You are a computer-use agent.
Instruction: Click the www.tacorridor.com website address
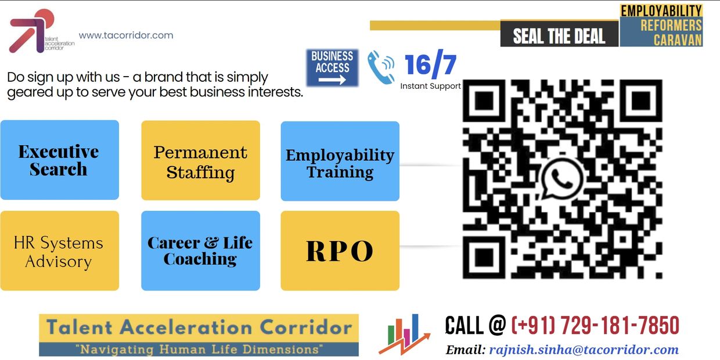(x=125, y=35)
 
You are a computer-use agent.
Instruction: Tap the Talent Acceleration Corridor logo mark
(x=32, y=31)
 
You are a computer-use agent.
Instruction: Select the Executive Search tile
(x=60, y=160)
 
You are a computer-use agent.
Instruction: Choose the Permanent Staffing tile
(x=200, y=160)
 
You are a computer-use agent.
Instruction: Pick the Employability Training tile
(x=340, y=161)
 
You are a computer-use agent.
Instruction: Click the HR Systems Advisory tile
(x=60, y=251)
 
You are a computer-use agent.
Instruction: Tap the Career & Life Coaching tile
(x=200, y=251)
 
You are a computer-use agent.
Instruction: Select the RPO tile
(x=340, y=251)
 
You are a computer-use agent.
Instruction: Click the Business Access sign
(x=332, y=68)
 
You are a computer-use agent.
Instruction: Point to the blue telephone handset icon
(x=381, y=67)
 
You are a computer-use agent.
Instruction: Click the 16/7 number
(x=430, y=64)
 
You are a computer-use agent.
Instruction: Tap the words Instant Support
(x=430, y=86)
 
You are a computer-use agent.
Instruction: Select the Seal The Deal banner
(x=559, y=34)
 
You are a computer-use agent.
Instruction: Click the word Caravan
(x=678, y=40)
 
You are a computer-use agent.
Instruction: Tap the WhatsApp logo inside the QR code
(x=561, y=179)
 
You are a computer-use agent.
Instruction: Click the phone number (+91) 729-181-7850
(x=595, y=325)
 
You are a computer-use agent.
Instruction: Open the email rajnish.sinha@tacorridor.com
(x=584, y=350)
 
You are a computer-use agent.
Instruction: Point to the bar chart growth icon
(x=404, y=334)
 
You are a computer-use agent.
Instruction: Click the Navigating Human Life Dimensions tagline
(x=199, y=350)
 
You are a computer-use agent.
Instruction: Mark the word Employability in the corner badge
(x=661, y=11)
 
